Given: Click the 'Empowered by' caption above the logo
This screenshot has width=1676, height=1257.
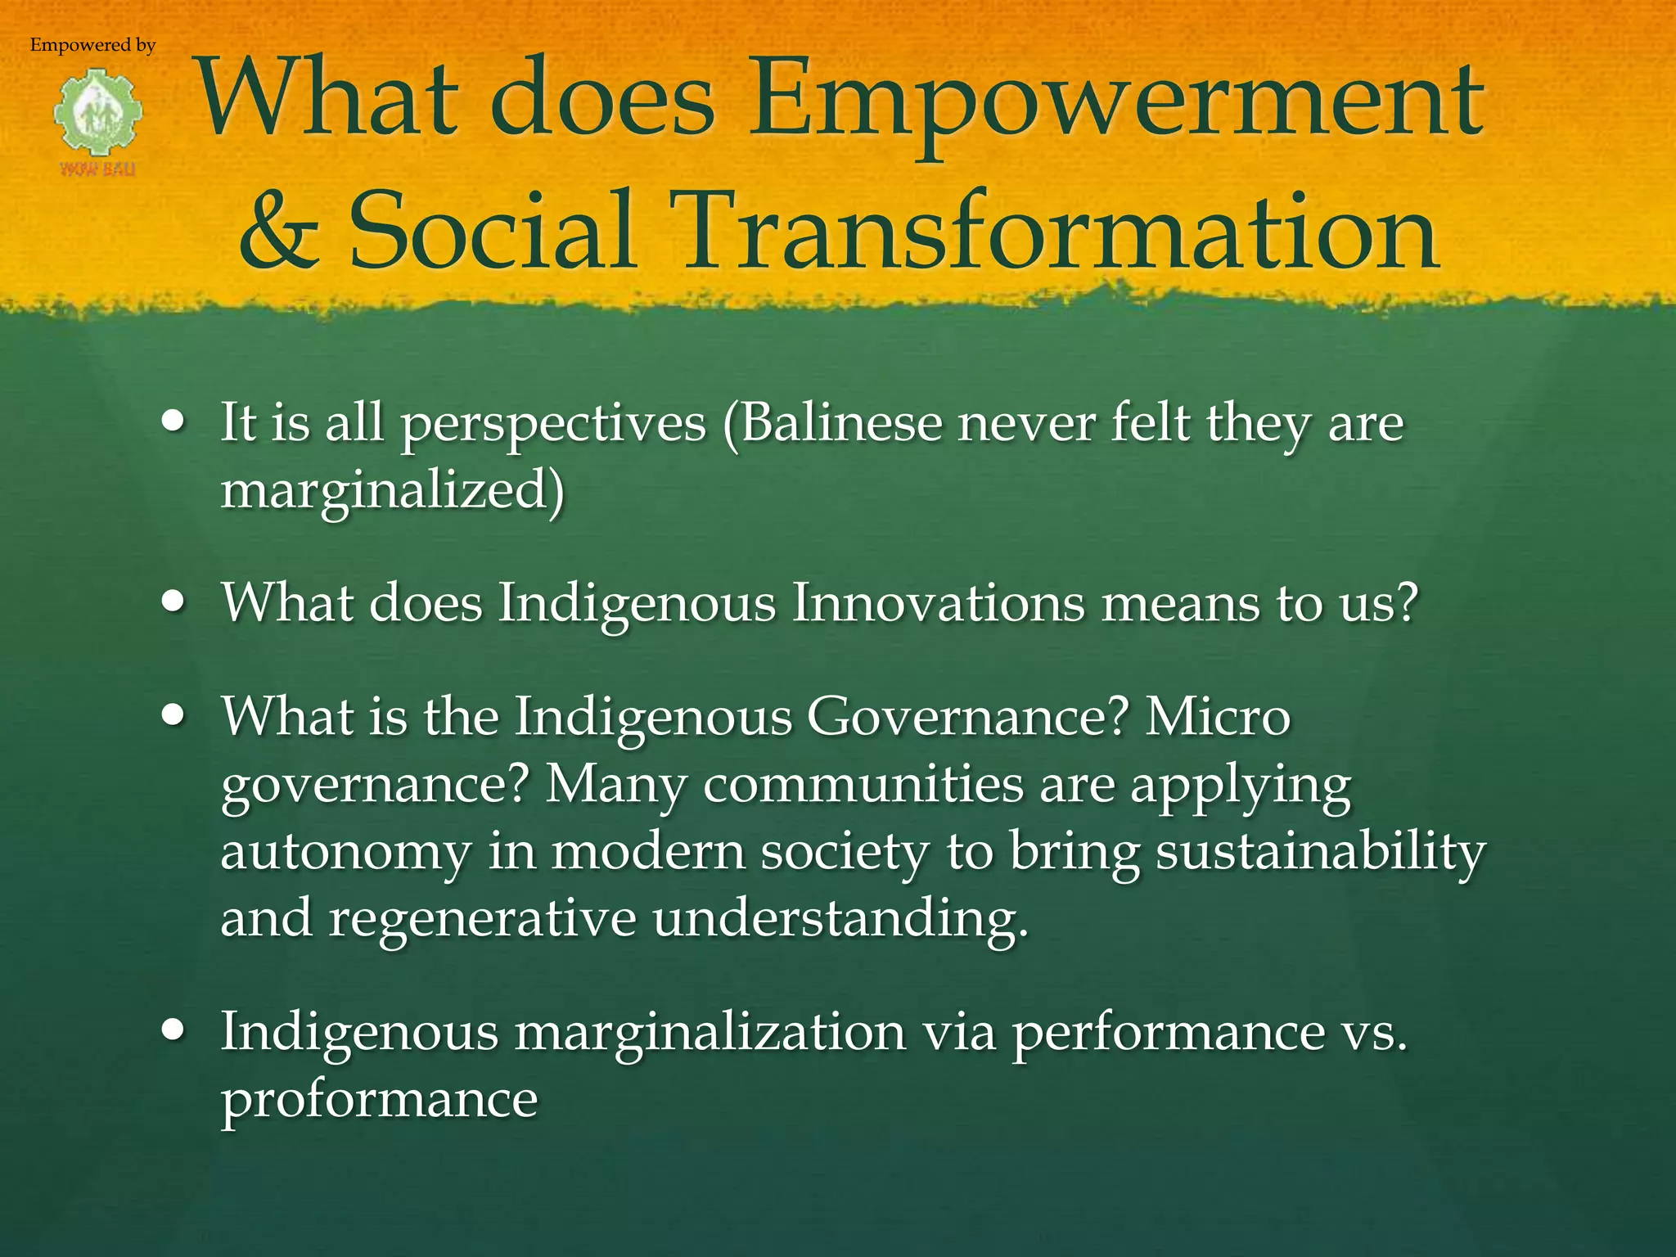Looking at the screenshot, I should pos(92,45).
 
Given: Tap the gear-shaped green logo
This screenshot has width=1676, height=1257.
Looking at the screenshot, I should pos(98,115).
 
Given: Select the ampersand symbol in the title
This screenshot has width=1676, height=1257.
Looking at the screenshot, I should pos(279,232).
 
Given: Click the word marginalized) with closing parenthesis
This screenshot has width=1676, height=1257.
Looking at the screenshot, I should pos(393,490).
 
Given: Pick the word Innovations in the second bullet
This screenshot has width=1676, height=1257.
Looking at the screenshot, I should pos(938,603).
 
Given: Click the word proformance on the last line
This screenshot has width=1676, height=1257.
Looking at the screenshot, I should pos(380,1099).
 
